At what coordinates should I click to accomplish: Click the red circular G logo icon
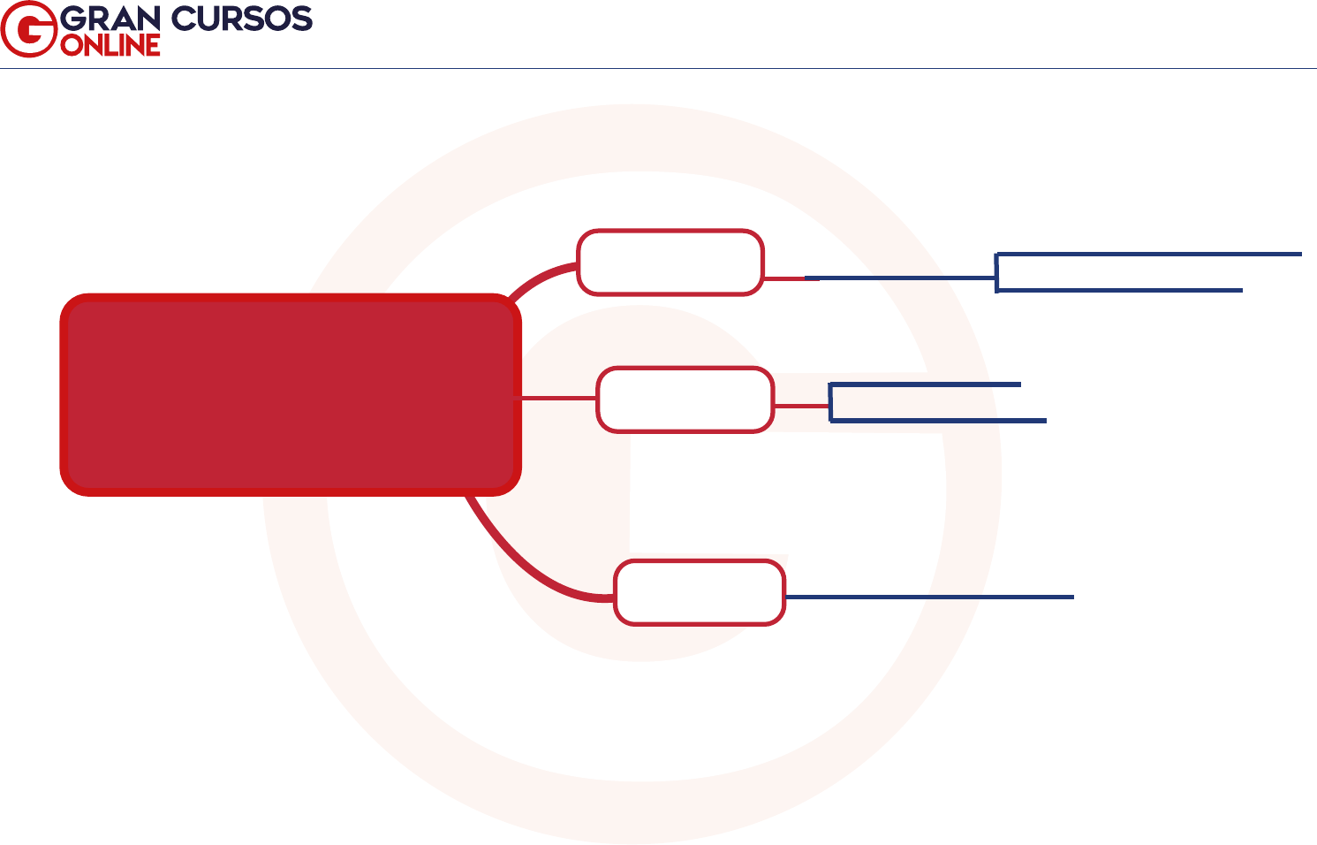(29, 29)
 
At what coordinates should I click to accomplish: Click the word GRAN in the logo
(111, 19)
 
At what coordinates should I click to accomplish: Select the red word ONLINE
(110, 45)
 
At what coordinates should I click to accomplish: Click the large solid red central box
(290, 394)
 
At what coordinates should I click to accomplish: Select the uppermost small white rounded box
(670, 263)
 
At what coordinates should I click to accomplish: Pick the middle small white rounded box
(685, 400)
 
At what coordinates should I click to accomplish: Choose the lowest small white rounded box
(700, 592)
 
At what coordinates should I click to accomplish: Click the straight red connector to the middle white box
(558, 399)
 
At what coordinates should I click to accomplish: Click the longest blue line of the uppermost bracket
(1148, 255)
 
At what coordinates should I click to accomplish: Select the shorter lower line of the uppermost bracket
(1120, 289)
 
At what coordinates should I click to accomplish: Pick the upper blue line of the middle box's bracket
(926, 384)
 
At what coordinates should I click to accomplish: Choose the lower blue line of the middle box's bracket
(939, 421)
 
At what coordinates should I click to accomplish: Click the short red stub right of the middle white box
(801, 407)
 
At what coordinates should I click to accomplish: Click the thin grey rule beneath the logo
(658, 68)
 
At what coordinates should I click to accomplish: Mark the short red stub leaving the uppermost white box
(783, 278)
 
